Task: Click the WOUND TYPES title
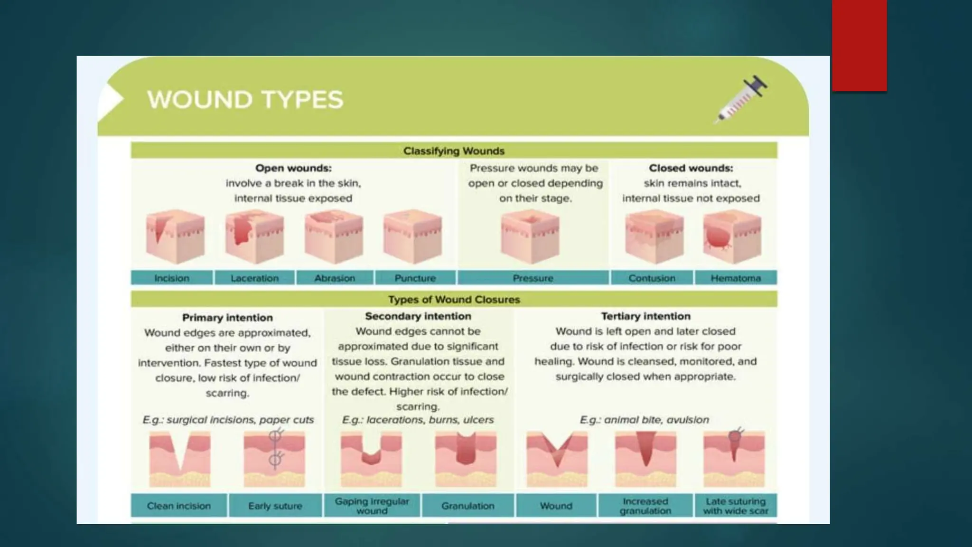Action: (x=245, y=100)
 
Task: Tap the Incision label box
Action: (x=172, y=278)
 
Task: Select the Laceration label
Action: (x=255, y=278)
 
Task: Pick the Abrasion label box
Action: (x=335, y=278)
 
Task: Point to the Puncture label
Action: (x=415, y=278)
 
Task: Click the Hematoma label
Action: (x=736, y=278)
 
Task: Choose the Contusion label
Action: (x=652, y=278)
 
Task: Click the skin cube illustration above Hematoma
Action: (x=732, y=236)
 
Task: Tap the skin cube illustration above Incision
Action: (x=175, y=236)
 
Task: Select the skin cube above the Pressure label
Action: (x=530, y=236)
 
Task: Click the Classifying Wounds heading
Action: (x=454, y=151)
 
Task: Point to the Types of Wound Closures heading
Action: (x=454, y=300)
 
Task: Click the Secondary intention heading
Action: (x=418, y=316)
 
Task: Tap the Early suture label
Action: (x=275, y=506)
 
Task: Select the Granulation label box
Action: (x=467, y=506)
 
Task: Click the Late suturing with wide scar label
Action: (x=736, y=506)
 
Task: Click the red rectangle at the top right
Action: (x=859, y=45)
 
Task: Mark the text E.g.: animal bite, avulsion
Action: (x=645, y=420)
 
